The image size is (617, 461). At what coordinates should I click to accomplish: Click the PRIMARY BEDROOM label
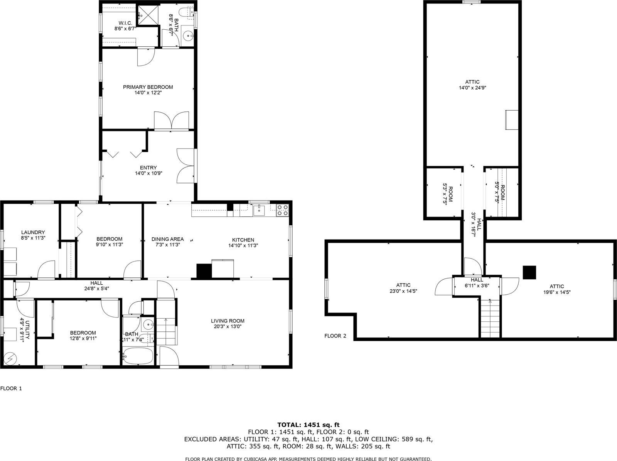coord(148,87)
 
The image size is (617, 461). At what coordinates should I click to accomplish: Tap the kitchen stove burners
coord(282,210)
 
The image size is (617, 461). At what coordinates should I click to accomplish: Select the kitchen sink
coord(259,210)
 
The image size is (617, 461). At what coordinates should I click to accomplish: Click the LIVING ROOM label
coord(228,321)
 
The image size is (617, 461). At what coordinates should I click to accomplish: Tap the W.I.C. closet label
coord(123,24)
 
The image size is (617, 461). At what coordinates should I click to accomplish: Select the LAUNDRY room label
coord(33,232)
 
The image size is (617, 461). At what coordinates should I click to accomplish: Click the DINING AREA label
coord(167,239)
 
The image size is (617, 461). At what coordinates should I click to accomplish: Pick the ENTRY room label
coord(148,167)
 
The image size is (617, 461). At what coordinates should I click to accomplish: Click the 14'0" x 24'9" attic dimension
coord(472,88)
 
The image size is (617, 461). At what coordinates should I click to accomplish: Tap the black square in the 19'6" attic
coord(529,272)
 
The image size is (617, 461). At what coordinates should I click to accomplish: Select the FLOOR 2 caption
coord(335,336)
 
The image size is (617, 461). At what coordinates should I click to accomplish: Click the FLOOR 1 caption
coord(11,388)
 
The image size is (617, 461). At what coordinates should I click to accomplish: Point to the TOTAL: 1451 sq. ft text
coord(308,425)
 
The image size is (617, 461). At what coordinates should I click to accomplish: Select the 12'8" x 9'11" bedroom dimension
coord(83,338)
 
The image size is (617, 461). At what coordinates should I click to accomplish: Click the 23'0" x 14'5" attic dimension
coord(403,291)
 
